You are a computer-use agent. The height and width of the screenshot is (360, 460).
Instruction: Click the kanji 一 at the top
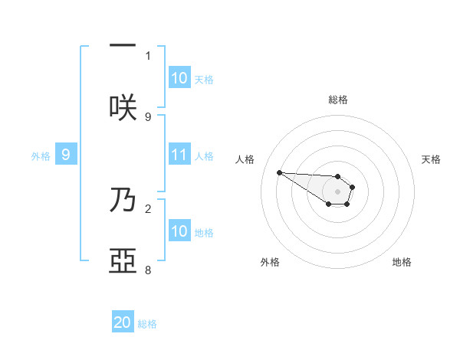point(123,45)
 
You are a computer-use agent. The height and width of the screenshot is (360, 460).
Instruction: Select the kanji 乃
point(123,200)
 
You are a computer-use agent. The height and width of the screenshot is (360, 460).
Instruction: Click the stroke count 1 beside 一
point(148,55)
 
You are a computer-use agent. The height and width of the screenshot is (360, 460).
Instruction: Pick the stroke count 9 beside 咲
point(148,116)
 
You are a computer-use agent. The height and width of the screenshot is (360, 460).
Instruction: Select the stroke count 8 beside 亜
point(148,270)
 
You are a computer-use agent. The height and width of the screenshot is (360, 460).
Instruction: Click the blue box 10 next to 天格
point(179,78)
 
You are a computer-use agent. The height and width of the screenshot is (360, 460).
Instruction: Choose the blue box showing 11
point(179,155)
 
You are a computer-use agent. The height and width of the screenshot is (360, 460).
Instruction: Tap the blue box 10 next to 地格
point(179,231)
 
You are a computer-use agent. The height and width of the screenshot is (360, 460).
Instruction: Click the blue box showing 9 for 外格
point(66,155)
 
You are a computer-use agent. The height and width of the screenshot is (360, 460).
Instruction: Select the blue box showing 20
point(123,322)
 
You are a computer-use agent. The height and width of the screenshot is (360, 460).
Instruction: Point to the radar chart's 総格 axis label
point(338,100)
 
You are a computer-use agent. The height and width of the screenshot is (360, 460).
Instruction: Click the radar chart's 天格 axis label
point(431,159)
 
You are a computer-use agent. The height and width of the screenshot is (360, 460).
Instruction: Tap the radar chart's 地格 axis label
point(402,262)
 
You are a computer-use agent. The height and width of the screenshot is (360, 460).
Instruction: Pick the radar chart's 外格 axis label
point(270,262)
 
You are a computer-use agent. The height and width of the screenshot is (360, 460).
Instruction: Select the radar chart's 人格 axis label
point(245,159)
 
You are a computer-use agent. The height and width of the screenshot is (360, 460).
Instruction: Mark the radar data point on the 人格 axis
point(279,172)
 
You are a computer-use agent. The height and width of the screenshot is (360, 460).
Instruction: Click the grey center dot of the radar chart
point(338,191)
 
